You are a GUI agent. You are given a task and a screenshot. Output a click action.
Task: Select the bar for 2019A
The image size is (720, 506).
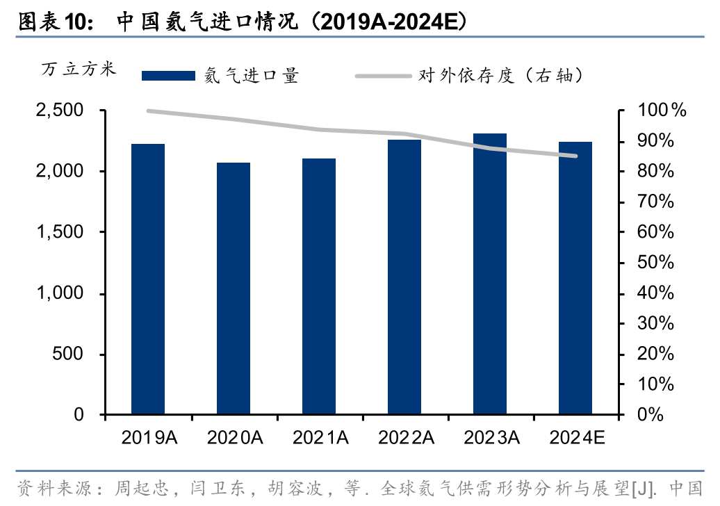coord(148,279)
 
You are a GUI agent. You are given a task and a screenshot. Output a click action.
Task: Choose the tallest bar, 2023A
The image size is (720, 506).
coord(490,274)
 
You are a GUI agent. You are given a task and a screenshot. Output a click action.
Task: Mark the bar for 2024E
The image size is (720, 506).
coord(575,278)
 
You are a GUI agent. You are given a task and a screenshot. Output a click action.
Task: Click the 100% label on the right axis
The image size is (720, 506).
coord(662,111)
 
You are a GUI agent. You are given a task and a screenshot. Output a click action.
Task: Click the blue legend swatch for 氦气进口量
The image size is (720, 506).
coord(168,76)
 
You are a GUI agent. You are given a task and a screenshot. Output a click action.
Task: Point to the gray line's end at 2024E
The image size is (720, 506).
coord(575,156)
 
